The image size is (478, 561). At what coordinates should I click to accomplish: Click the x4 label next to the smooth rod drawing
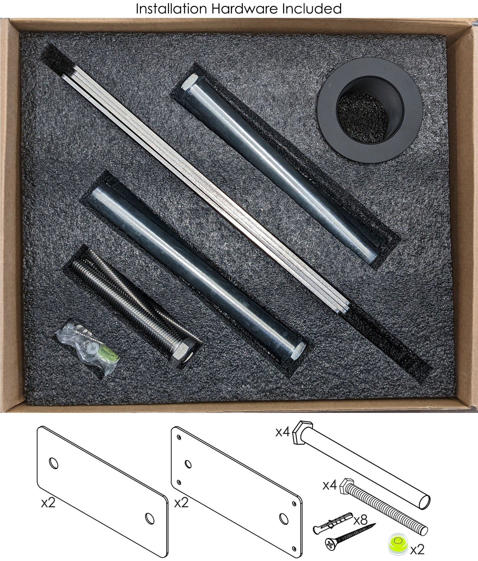(x=283, y=432)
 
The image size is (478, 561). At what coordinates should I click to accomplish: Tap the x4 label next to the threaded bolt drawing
(x=330, y=486)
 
